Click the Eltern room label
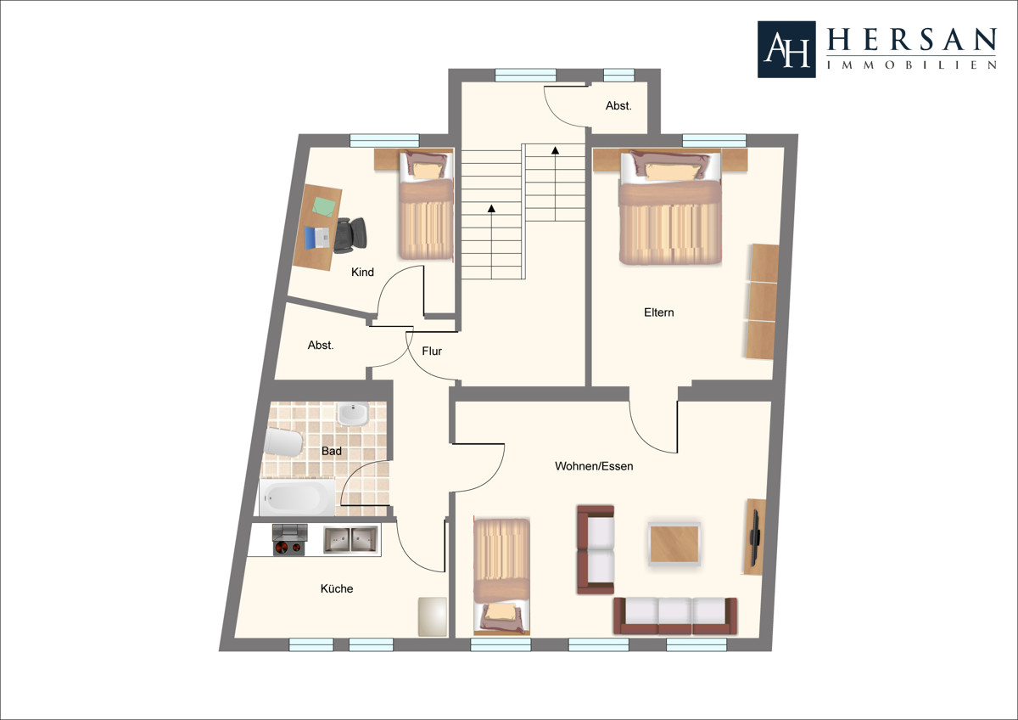click(x=658, y=312)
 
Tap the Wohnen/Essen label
click(x=594, y=466)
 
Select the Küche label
click(x=337, y=588)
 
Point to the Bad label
click(x=332, y=451)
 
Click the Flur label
click(x=432, y=352)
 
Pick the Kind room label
click(x=363, y=272)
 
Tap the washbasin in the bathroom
click(x=353, y=413)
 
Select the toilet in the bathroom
click(x=283, y=442)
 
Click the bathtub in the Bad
click(x=297, y=497)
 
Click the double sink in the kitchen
click(x=350, y=540)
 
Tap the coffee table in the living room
click(x=674, y=544)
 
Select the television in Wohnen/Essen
click(x=755, y=537)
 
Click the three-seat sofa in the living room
click(x=675, y=616)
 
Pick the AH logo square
click(x=786, y=49)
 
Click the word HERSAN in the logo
click(x=912, y=40)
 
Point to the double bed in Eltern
click(x=670, y=208)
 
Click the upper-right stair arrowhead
click(x=556, y=150)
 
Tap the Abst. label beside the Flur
click(x=321, y=346)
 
